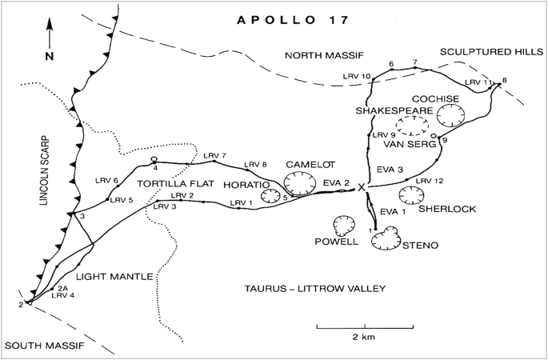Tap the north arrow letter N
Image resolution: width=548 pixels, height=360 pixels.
(x=49, y=56)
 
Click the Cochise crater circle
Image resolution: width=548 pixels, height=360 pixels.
(x=451, y=117)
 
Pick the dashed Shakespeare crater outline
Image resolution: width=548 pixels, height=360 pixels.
(x=414, y=124)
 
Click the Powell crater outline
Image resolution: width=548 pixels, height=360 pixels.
(x=345, y=225)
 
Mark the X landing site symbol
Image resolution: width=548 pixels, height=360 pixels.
(x=362, y=186)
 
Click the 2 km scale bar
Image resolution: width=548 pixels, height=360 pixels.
(x=365, y=327)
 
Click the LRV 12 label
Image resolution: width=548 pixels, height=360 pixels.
(x=429, y=182)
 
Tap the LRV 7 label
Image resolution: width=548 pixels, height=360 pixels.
(x=215, y=155)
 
